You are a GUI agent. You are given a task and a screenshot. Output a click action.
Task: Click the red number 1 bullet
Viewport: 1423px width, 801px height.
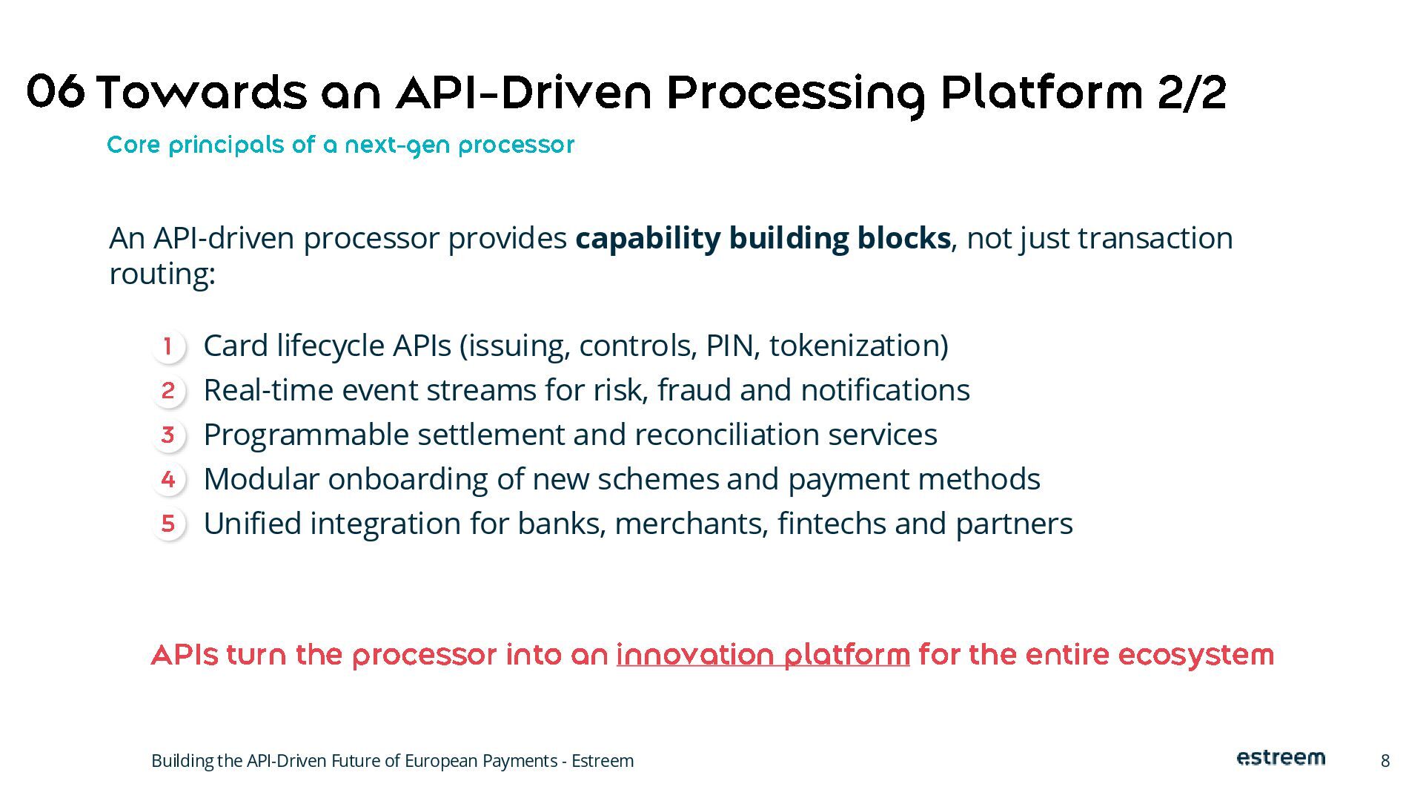point(168,346)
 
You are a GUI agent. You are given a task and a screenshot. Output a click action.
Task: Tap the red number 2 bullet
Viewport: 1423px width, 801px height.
point(168,390)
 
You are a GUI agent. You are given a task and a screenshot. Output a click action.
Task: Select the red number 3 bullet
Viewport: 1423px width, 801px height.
point(168,435)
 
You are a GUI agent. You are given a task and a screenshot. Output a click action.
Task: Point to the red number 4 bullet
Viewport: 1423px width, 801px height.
point(168,479)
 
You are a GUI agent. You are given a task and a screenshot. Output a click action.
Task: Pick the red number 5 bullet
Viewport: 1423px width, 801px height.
point(168,524)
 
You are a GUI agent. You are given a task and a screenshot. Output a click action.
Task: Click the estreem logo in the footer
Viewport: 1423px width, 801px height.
point(1281,758)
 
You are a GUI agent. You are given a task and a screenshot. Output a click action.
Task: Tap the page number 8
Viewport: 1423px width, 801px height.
point(1384,761)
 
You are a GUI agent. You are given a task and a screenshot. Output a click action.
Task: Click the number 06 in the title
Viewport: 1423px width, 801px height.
point(56,93)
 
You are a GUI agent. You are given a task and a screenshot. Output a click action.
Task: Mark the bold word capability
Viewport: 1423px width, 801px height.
point(647,239)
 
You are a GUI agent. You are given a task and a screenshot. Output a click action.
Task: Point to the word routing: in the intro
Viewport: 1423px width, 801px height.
point(162,274)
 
